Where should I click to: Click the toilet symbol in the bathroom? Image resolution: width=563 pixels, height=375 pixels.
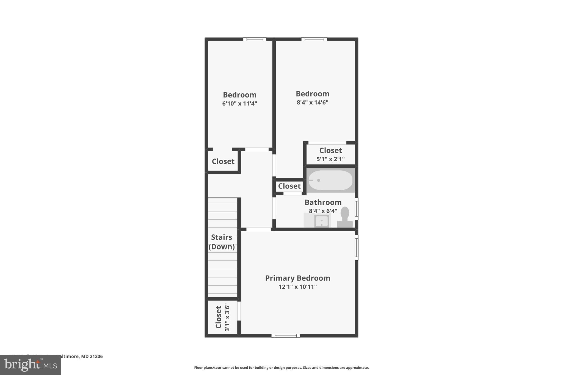click(345, 217)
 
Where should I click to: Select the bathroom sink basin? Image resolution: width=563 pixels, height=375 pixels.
click(322, 221)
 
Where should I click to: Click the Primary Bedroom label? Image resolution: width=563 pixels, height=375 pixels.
click(297, 278)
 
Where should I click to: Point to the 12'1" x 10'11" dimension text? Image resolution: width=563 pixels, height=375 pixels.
click(297, 287)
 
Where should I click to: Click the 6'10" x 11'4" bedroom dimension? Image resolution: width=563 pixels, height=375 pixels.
click(239, 104)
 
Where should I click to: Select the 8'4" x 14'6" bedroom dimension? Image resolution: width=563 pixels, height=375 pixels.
click(312, 102)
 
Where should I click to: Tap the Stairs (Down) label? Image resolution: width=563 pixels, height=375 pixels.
click(222, 242)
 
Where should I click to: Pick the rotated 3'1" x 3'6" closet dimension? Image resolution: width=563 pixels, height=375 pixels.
click(227, 317)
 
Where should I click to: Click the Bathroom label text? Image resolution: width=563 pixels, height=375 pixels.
click(323, 202)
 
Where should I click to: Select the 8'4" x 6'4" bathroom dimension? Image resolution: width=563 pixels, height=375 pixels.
click(323, 211)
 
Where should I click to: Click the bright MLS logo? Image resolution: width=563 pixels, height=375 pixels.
click(31, 365)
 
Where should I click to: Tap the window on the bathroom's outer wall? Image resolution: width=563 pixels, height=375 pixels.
click(356, 209)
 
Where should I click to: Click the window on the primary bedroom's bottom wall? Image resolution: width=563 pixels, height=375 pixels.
click(286, 335)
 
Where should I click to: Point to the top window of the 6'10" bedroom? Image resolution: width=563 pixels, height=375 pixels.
click(255, 39)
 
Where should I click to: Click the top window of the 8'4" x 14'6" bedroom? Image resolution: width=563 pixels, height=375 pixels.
click(314, 39)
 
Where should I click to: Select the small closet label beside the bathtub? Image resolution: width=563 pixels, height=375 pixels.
click(289, 186)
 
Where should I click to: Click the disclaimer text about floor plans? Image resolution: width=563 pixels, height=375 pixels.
click(281, 368)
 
